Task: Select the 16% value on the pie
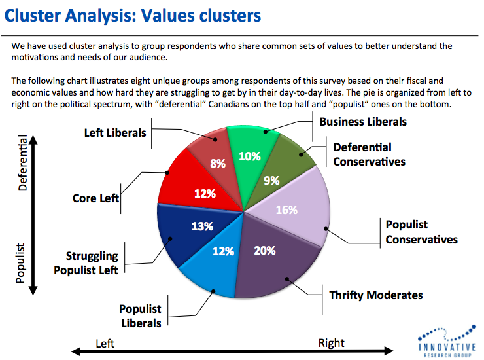[x=287, y=210]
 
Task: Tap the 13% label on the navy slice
[x=202, y=226]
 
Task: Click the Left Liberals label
[x=116, y=133]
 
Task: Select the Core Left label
[x=95, y=198]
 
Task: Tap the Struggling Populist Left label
[x=92, y=262]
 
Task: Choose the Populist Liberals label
[x=140, y=315]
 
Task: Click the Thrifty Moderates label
[x=375, y=295]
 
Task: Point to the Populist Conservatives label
[x=421, y=232]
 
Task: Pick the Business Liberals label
[x=363, y=122]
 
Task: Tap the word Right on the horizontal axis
[x=331, y=343]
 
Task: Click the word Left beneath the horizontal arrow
[x=105, y=343]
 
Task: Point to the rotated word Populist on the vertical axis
[x=20, y=263]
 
